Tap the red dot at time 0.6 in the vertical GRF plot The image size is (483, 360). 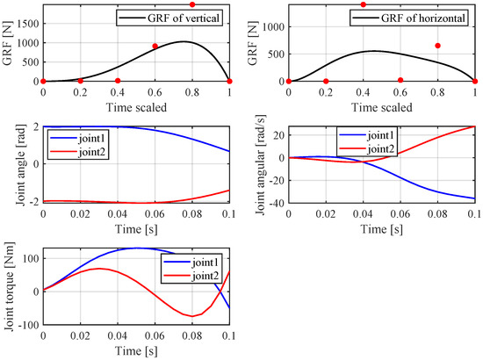[155, 47]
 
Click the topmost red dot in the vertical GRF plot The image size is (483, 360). [192, 4]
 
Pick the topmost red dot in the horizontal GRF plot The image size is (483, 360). [363, 4]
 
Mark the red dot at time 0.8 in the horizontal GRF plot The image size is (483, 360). [437, 46]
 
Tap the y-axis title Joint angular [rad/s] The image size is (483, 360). [255, 165]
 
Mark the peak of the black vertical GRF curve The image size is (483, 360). [183, 41]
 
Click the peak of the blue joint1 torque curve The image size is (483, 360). [136, 248]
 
